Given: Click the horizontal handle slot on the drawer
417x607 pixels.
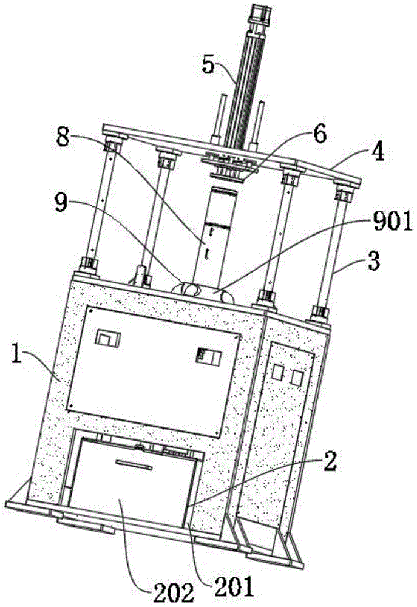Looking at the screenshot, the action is pos(133,464).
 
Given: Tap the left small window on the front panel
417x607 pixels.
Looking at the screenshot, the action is pos(111,337).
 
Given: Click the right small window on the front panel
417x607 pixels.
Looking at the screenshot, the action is pos(202,356).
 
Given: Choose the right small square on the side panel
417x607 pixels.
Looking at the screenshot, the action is pos(297,378).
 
